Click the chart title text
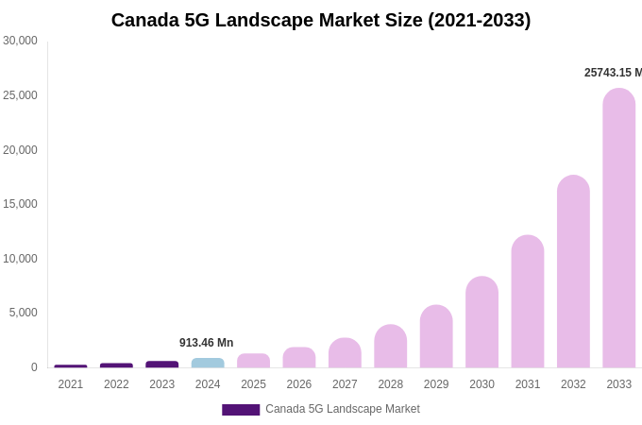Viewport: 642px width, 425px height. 321,20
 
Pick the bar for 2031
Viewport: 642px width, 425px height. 528,302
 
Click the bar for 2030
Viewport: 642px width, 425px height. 481,322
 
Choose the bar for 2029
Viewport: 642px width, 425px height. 436,337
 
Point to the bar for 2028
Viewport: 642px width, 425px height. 390,347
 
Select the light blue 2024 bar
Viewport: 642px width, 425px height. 208,363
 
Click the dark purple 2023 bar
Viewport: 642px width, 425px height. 162,364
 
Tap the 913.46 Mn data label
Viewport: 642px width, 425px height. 206,343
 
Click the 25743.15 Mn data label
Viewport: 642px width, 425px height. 613,73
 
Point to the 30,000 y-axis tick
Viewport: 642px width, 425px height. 20,41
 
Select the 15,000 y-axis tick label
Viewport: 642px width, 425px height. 20,204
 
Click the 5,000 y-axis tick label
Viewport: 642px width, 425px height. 24,313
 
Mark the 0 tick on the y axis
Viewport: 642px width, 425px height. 34,367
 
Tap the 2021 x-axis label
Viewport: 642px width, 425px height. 71,384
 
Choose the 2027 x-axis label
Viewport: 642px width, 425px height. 345,384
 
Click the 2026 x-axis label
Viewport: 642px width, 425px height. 299,384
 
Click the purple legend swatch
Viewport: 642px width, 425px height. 241,410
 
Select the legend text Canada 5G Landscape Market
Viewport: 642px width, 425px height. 343,409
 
